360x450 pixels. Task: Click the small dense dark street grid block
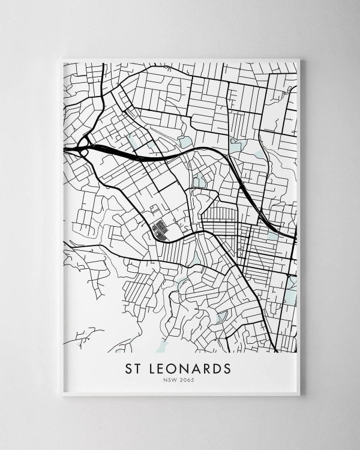click(x=160, y=229)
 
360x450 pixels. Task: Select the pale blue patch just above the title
click(x=161, y=346)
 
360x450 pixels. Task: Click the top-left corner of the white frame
click(x=62, y=59)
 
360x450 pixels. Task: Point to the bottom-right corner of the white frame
click(x=299, y=395)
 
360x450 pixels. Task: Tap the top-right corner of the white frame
click(x=299, y=59)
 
